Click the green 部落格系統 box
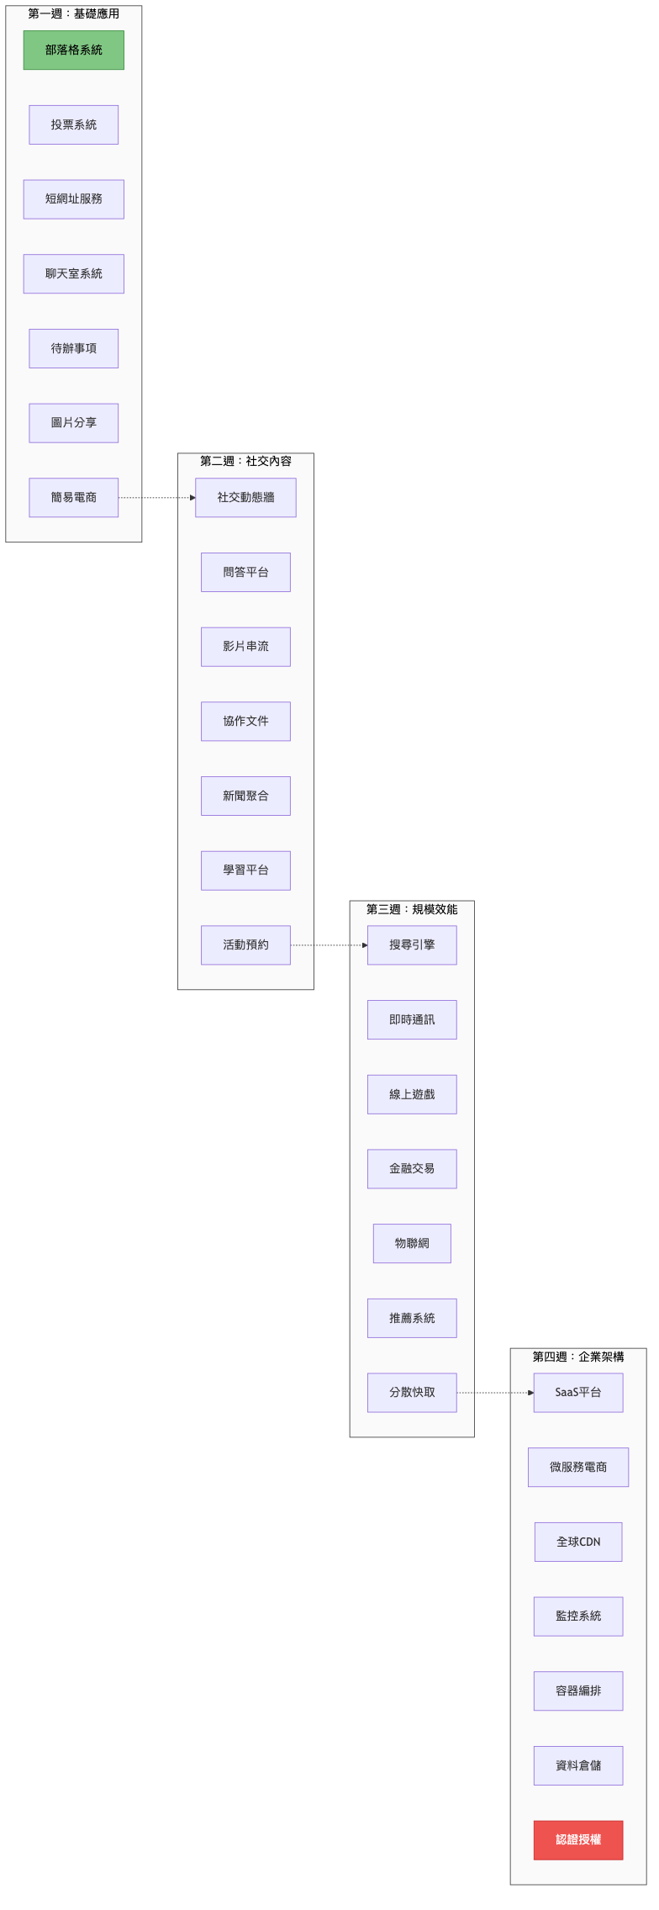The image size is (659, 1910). point(73,50)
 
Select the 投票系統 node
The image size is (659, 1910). point(73,124)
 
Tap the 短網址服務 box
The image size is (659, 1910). point(73,199)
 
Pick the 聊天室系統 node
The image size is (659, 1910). point(73,274)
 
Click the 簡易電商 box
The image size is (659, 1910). point(73,498)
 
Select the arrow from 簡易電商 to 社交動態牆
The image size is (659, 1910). point(157,498)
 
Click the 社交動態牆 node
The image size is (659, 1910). point(245,498)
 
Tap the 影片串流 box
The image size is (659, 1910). point(245,647)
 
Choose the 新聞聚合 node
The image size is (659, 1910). point(245,796)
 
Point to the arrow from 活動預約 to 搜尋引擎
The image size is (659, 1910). point(329,945)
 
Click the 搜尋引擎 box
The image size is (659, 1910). point(412,945)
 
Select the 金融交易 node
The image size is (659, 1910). point(412,1169)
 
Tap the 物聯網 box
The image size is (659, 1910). point(412,1243)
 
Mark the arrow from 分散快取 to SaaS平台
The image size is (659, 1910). point(495,1393)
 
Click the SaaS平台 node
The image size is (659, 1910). point(578,1393)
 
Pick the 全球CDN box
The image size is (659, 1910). point(578,1542)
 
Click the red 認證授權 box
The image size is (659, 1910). point(578,1840)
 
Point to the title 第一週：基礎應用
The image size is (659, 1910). point(73,13)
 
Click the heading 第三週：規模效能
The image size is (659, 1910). point(412,909)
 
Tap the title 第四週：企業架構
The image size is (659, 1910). point(578,1357)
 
